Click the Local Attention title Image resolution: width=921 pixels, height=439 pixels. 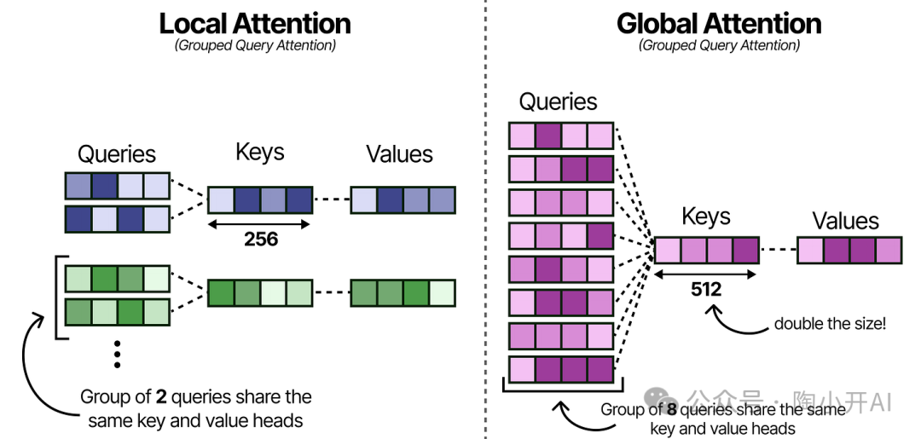255,23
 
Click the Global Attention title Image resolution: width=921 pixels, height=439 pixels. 719,23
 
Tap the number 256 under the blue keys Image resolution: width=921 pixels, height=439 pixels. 260,239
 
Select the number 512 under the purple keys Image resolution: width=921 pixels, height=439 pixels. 707,290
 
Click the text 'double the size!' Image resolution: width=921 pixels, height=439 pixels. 831,324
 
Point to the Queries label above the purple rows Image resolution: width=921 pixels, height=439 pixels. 559,102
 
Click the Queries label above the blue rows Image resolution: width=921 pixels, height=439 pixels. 117,154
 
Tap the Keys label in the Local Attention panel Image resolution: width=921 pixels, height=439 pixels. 259,153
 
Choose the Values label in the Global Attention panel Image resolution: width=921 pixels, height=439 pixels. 845,221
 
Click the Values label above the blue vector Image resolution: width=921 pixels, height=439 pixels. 399,154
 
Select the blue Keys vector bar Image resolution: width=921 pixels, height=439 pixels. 260,199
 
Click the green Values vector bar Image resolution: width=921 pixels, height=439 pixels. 403,293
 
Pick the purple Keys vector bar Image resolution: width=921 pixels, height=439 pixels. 706,251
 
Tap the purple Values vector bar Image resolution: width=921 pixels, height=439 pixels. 849,251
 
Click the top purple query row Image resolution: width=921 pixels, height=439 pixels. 561,136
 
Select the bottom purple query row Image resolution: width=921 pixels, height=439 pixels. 561,369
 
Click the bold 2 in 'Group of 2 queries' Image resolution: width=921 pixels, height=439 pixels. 160,397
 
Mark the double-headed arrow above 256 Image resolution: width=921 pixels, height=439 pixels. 260,223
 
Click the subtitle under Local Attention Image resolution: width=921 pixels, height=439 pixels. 255,45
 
